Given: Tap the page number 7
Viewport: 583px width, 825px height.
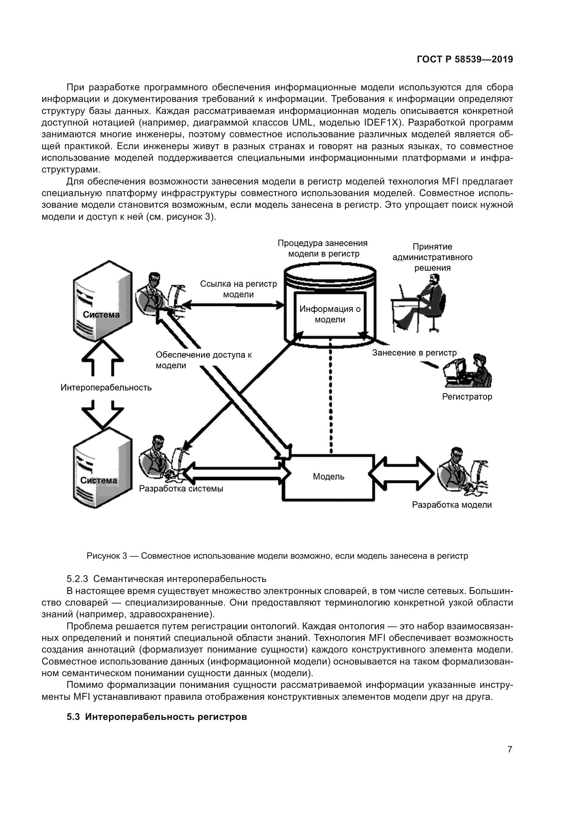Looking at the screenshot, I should (x=510, y=749).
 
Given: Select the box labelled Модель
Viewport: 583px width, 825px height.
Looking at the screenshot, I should (x=329, y=477).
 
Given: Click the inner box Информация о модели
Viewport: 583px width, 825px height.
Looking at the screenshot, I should (x=330, y=314).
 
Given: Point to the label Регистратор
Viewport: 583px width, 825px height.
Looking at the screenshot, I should (x=467, y=397).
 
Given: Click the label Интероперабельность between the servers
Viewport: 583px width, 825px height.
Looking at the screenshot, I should (x=106, y=387).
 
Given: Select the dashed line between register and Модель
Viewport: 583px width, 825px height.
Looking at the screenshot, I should (x=331, y=395).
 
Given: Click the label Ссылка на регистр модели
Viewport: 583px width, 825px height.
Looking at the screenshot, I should (x=238, y=289).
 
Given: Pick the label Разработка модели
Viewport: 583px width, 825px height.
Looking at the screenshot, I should (x=452, y=505).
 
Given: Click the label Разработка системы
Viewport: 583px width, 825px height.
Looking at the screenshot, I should (x=181, y=489).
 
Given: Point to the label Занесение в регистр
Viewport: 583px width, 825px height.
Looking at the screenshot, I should (x=414, y=352).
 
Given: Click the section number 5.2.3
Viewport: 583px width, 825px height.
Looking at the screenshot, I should (x=77, y=579).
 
